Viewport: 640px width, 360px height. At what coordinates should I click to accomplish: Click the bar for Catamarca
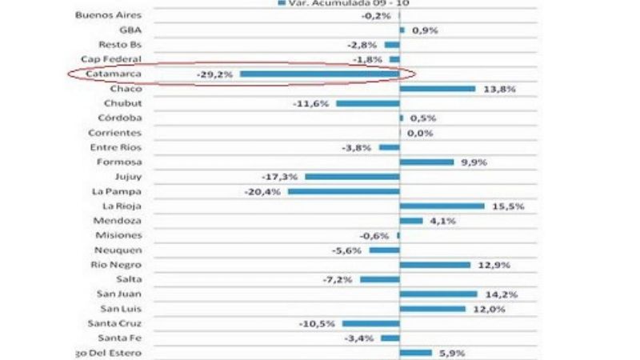coord(319,74)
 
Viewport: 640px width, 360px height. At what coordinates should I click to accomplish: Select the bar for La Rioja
coord(442,206)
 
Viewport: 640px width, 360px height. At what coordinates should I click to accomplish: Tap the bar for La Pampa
coord(343,191)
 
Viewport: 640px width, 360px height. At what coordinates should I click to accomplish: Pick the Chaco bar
coord(437,89)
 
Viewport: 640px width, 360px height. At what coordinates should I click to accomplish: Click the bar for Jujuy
coord(351,177)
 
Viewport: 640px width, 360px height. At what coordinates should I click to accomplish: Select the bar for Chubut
coord(367,103)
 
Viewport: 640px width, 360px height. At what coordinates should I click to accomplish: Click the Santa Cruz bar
coord(370,324)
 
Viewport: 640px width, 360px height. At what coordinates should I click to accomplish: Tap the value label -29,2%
coord(214,74)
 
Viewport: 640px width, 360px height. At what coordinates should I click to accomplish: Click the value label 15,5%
coord(508,206)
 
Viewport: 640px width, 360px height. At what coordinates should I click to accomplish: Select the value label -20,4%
coord(263,191)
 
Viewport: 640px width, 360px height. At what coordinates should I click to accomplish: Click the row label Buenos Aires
coord(107,14)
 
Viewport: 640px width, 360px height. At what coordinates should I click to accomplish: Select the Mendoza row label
coord(118,221)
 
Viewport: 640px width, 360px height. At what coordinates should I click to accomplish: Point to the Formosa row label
coord(119,162)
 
